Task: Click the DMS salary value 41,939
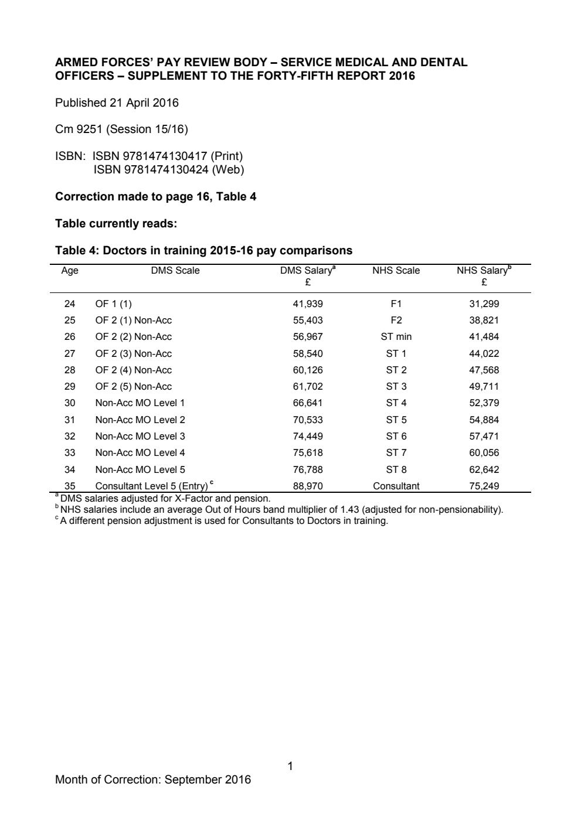pyautogui.click(x=307, y=304)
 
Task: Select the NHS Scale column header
pyautogui.click(x=396, y=270)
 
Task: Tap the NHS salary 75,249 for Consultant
pyautogui.click(x=483, y=486)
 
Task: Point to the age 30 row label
pyautogui.click(x=70, y=403)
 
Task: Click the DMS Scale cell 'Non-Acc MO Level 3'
pyautogui.click(x=140, y=436)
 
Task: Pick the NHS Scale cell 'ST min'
pyautogui.click(x=396, y=336)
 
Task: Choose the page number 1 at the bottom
pyautogui.click(x=290, y=766)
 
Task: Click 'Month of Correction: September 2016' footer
pyautogui.click(x=152, y=779)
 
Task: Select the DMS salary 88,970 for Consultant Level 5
pyautogui.click(x=307, y=486)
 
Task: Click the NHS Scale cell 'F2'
pyautogui.click(x=396, y=320)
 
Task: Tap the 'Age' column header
pyautogui.click(x=70, y=270)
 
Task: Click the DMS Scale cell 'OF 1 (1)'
pyautogui.click(x=113, y=304)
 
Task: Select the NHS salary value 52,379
pyautogui.click(x=483, y=403)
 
